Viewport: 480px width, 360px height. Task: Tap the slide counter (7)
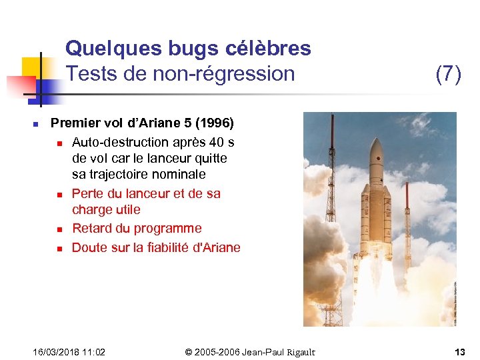click(x=448, y=74)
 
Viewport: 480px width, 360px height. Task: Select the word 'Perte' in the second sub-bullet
click(x=88, y=193)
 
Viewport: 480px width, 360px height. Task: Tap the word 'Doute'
click(x=89, y=247)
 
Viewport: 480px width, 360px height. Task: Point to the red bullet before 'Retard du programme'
click(x=59, y=229)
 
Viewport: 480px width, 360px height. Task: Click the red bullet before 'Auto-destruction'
click(x=59, y=143)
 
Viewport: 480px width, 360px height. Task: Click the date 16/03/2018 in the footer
click(x=57, y=351)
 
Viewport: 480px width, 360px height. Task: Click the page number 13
click(x=459, y=351)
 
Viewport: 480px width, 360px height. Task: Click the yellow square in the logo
click(x=32, y=67)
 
